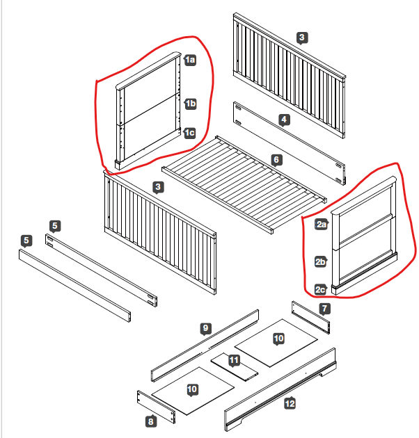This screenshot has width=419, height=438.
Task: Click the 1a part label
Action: (190, 60)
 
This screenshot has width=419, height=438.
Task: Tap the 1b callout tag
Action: (191, 104)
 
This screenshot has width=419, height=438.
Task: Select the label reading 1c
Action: (189, 133)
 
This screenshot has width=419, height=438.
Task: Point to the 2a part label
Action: (322, 225)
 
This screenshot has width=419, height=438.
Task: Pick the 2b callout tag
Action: (321, 261)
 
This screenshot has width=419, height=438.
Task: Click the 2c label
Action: (321, 289)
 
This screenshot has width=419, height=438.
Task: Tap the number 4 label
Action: (284, 120)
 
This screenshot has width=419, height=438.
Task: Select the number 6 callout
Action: (276, 160)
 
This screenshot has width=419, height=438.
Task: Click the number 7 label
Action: (324, 309)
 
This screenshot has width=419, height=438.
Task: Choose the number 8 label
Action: (151, 421)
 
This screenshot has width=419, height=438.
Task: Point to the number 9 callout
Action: (206, 328)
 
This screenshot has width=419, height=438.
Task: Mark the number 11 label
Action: (234, 360)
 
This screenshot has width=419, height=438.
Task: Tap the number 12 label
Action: (290, 403)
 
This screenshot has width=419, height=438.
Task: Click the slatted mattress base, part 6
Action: (244, 185)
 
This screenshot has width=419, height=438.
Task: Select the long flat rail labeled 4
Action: (290, 143)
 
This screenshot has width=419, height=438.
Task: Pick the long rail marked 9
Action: (205, 346)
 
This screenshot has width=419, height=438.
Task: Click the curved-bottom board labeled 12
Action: (280, 389)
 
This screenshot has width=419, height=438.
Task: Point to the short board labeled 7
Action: (310, 317)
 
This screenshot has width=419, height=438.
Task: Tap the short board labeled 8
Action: (156, 407)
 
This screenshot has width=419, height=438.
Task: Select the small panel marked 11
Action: (235, 367)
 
